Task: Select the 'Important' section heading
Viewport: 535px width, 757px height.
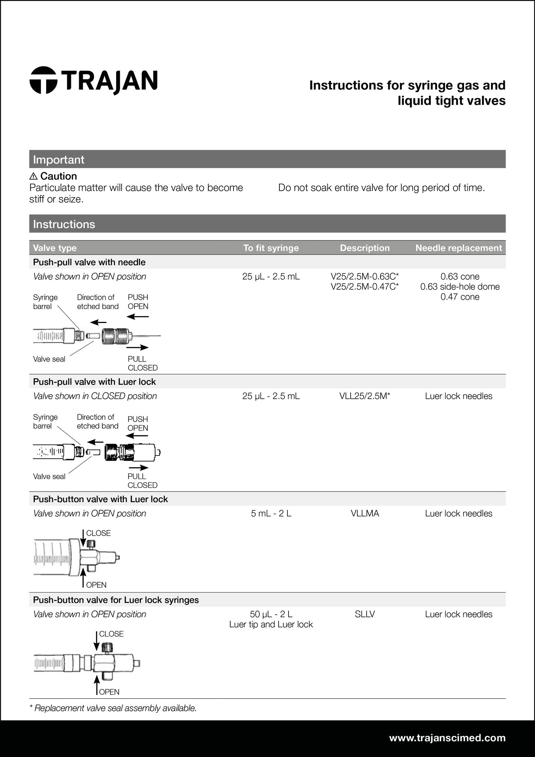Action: click(x=59, y=160)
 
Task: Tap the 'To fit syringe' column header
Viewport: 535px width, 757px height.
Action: click(x=271, y=248)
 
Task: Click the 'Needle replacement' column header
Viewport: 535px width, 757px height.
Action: click(x=459, y=248)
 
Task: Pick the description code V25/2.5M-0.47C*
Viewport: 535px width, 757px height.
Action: click(x=365, y=286)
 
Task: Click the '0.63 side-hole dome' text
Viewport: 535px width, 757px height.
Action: click(x=460, y=286)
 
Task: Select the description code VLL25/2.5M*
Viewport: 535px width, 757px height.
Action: click(x=365, y=396)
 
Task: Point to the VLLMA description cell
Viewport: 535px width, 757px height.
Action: click(x=365, y=513)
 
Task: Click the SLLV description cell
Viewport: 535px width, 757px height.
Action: click(x=365, y=614)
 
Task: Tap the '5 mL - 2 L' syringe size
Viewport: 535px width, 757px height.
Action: click(x=271, y=513)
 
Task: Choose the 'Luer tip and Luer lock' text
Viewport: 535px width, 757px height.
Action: click(x=271, y=624)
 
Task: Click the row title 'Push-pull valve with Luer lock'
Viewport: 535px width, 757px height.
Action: click(x=95, y=381)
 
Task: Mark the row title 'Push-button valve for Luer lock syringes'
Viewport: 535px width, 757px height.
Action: click(x=116, y=600)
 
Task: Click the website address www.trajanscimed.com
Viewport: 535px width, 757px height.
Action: click(x=447, y=738)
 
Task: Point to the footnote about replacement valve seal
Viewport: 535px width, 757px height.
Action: click(x=113, y=708)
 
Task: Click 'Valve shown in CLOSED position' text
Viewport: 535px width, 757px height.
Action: click(x=95, y=396)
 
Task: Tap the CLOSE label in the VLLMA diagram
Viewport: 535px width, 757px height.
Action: click(x=98, y=533)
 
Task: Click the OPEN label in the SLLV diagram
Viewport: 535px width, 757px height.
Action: click(x=109, y=692)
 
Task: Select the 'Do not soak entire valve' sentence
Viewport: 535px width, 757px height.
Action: click(x=381, y=188)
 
